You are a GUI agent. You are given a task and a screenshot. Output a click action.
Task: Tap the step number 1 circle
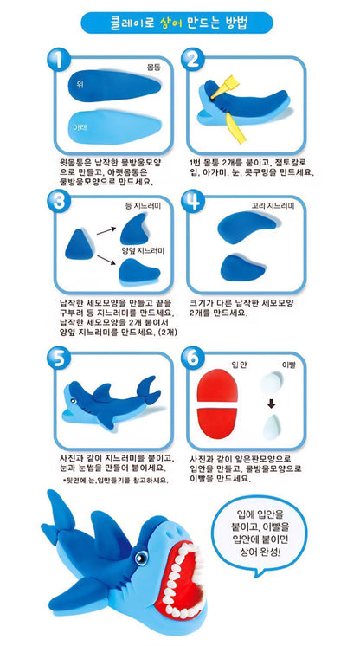click(59, 61)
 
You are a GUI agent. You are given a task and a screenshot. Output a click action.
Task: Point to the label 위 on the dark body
click(80, 85)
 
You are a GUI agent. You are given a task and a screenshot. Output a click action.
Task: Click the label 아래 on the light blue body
click(80, 127)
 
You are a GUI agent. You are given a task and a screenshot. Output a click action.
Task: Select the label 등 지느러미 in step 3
click(143, 205)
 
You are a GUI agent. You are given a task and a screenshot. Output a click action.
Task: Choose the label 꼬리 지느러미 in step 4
click(273, 204)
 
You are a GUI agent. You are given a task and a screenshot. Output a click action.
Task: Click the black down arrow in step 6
click(271, 404)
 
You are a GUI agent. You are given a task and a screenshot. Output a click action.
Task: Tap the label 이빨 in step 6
click(288, 365)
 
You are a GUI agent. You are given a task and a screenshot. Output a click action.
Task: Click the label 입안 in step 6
click(238, 365)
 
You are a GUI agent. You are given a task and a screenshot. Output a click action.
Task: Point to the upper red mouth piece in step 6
click(216, 384)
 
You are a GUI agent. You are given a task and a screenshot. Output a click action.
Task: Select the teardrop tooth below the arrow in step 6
click(272, 427)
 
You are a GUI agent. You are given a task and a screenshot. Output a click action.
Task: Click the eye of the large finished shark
click(141, 558)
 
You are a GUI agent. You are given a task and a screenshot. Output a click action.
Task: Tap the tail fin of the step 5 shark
click(148, 389)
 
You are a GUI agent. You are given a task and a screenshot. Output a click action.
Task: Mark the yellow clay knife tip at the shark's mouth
click(214, 96)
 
